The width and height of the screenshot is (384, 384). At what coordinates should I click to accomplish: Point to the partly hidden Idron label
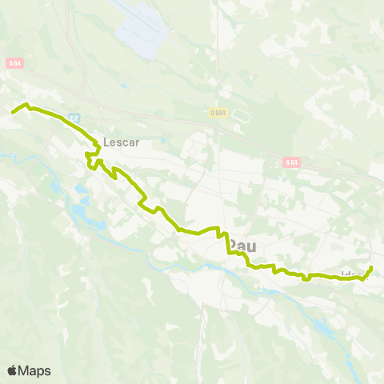pos(349,274)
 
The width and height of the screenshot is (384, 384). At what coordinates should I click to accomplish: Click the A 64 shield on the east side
pos(292,162)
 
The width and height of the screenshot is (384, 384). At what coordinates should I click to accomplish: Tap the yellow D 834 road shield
pos(219,113)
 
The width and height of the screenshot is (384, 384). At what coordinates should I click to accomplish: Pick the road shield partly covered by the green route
pos(75,118)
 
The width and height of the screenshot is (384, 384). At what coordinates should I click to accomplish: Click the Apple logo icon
pos(12,370)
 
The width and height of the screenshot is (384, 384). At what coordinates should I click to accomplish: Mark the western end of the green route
pos(12,112)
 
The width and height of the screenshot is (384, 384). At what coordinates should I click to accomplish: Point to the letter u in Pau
pos(253,245)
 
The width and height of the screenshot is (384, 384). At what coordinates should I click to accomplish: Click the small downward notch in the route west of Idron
pos(306,279)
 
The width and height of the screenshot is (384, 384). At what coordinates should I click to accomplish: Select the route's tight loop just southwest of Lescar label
pos(90,162)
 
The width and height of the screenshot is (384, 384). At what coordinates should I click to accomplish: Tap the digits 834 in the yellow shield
pos(222,113)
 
